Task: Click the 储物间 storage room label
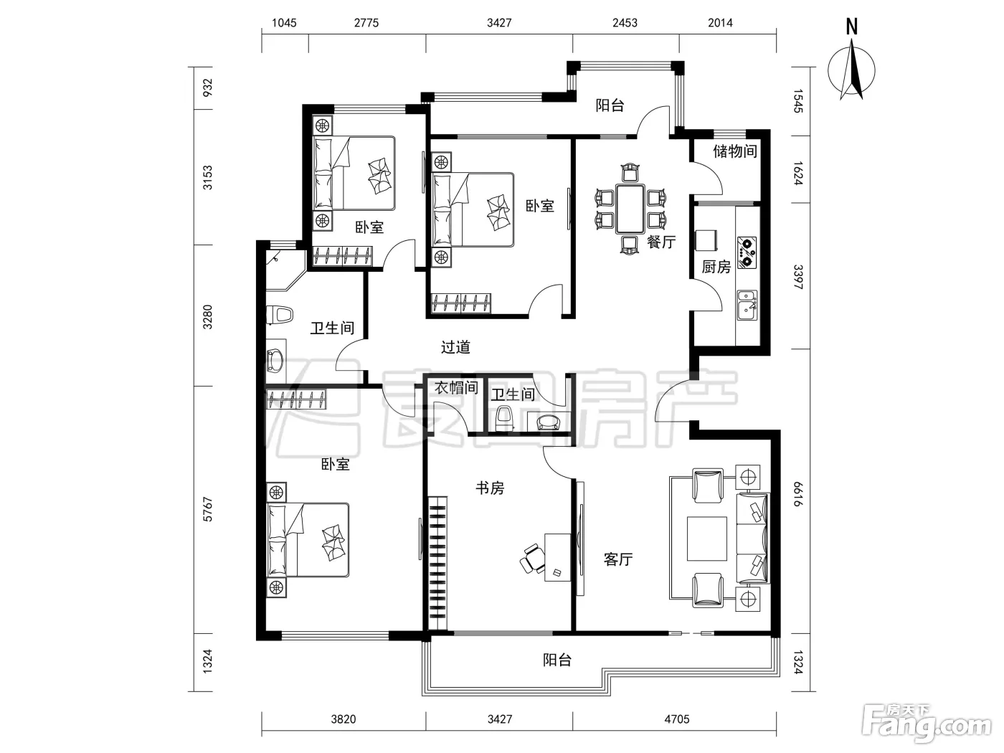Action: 734,151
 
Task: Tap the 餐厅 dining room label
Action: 661,242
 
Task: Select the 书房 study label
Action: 490,488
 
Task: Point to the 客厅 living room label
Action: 618,559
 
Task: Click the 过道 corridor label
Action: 455,347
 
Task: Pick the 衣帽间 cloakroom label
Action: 456,388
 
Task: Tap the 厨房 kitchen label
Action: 716,267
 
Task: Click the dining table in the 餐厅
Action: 630,209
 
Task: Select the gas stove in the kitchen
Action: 747,252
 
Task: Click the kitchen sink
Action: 747,305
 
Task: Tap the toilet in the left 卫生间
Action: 280,315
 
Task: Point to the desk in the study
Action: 557,557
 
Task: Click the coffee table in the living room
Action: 706,539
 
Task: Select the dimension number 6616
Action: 797,494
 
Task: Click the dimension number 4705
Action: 676,719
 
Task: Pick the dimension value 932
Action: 208,87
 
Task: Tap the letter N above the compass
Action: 852,27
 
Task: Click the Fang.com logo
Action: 927,726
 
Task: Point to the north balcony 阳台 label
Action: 610,105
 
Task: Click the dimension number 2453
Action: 625,23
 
